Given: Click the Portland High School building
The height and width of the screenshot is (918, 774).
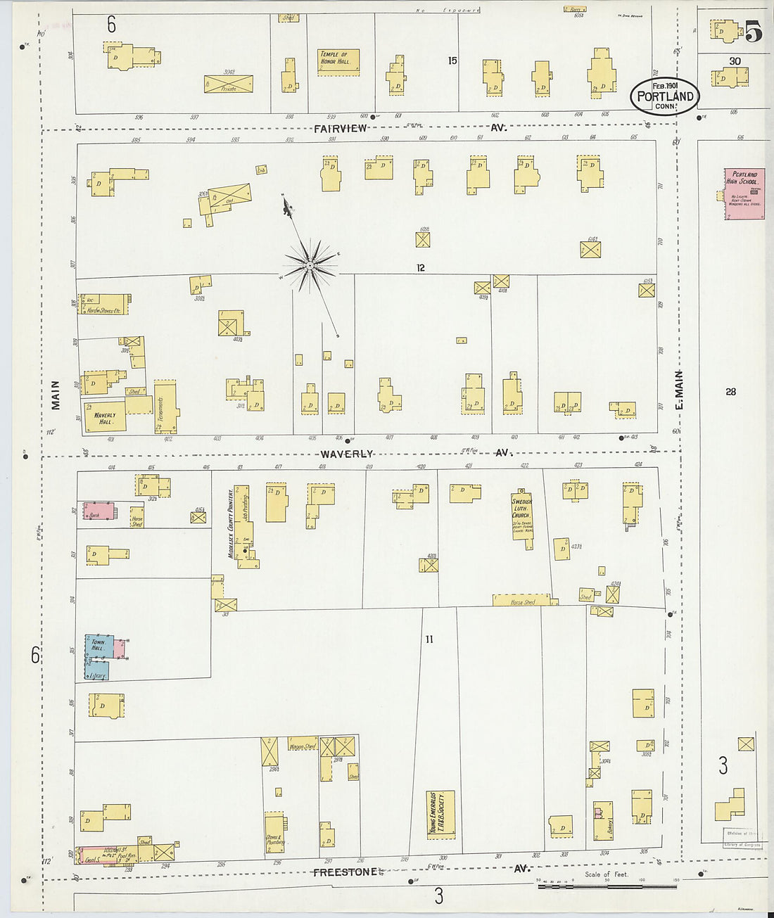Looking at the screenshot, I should click(744, 193).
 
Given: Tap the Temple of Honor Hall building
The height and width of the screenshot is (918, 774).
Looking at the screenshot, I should click(338, 62).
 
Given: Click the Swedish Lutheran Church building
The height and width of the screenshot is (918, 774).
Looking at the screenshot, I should click(522, 516).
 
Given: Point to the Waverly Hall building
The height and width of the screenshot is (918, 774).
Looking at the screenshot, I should click(105, 416).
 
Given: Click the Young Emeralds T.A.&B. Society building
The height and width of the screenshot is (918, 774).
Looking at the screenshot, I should click(440, 814).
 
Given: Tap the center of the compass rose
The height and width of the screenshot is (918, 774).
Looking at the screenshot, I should click(309, 265).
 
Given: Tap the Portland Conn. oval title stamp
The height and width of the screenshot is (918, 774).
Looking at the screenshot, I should click(664, 96).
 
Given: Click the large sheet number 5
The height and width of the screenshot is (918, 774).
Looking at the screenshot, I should click(753, 32).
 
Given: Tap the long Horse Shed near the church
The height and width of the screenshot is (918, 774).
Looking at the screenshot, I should click(521, 600).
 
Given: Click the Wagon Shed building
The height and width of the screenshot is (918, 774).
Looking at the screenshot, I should click(303, 745).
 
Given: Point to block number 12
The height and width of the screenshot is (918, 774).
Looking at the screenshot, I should click(421, 267).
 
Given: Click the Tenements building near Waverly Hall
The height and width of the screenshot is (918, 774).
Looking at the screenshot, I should click(165, 408).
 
